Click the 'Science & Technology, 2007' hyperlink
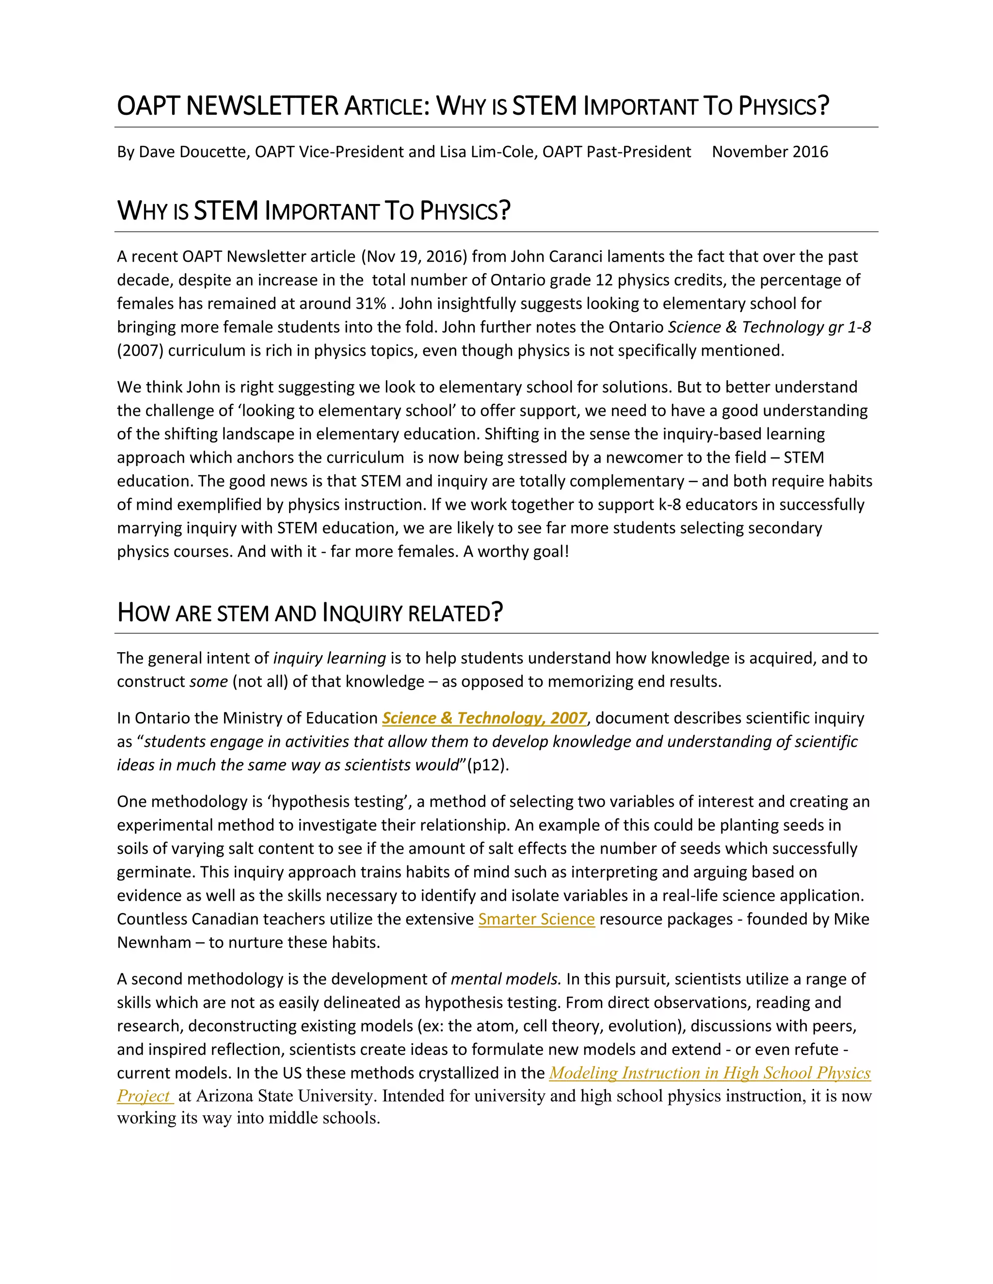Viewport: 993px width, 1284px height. click(484, 718)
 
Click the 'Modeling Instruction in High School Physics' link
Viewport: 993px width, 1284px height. click(709, 1073)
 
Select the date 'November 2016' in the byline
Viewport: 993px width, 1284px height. click(769, 152)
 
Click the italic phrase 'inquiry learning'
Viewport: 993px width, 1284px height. click(329, 658)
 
